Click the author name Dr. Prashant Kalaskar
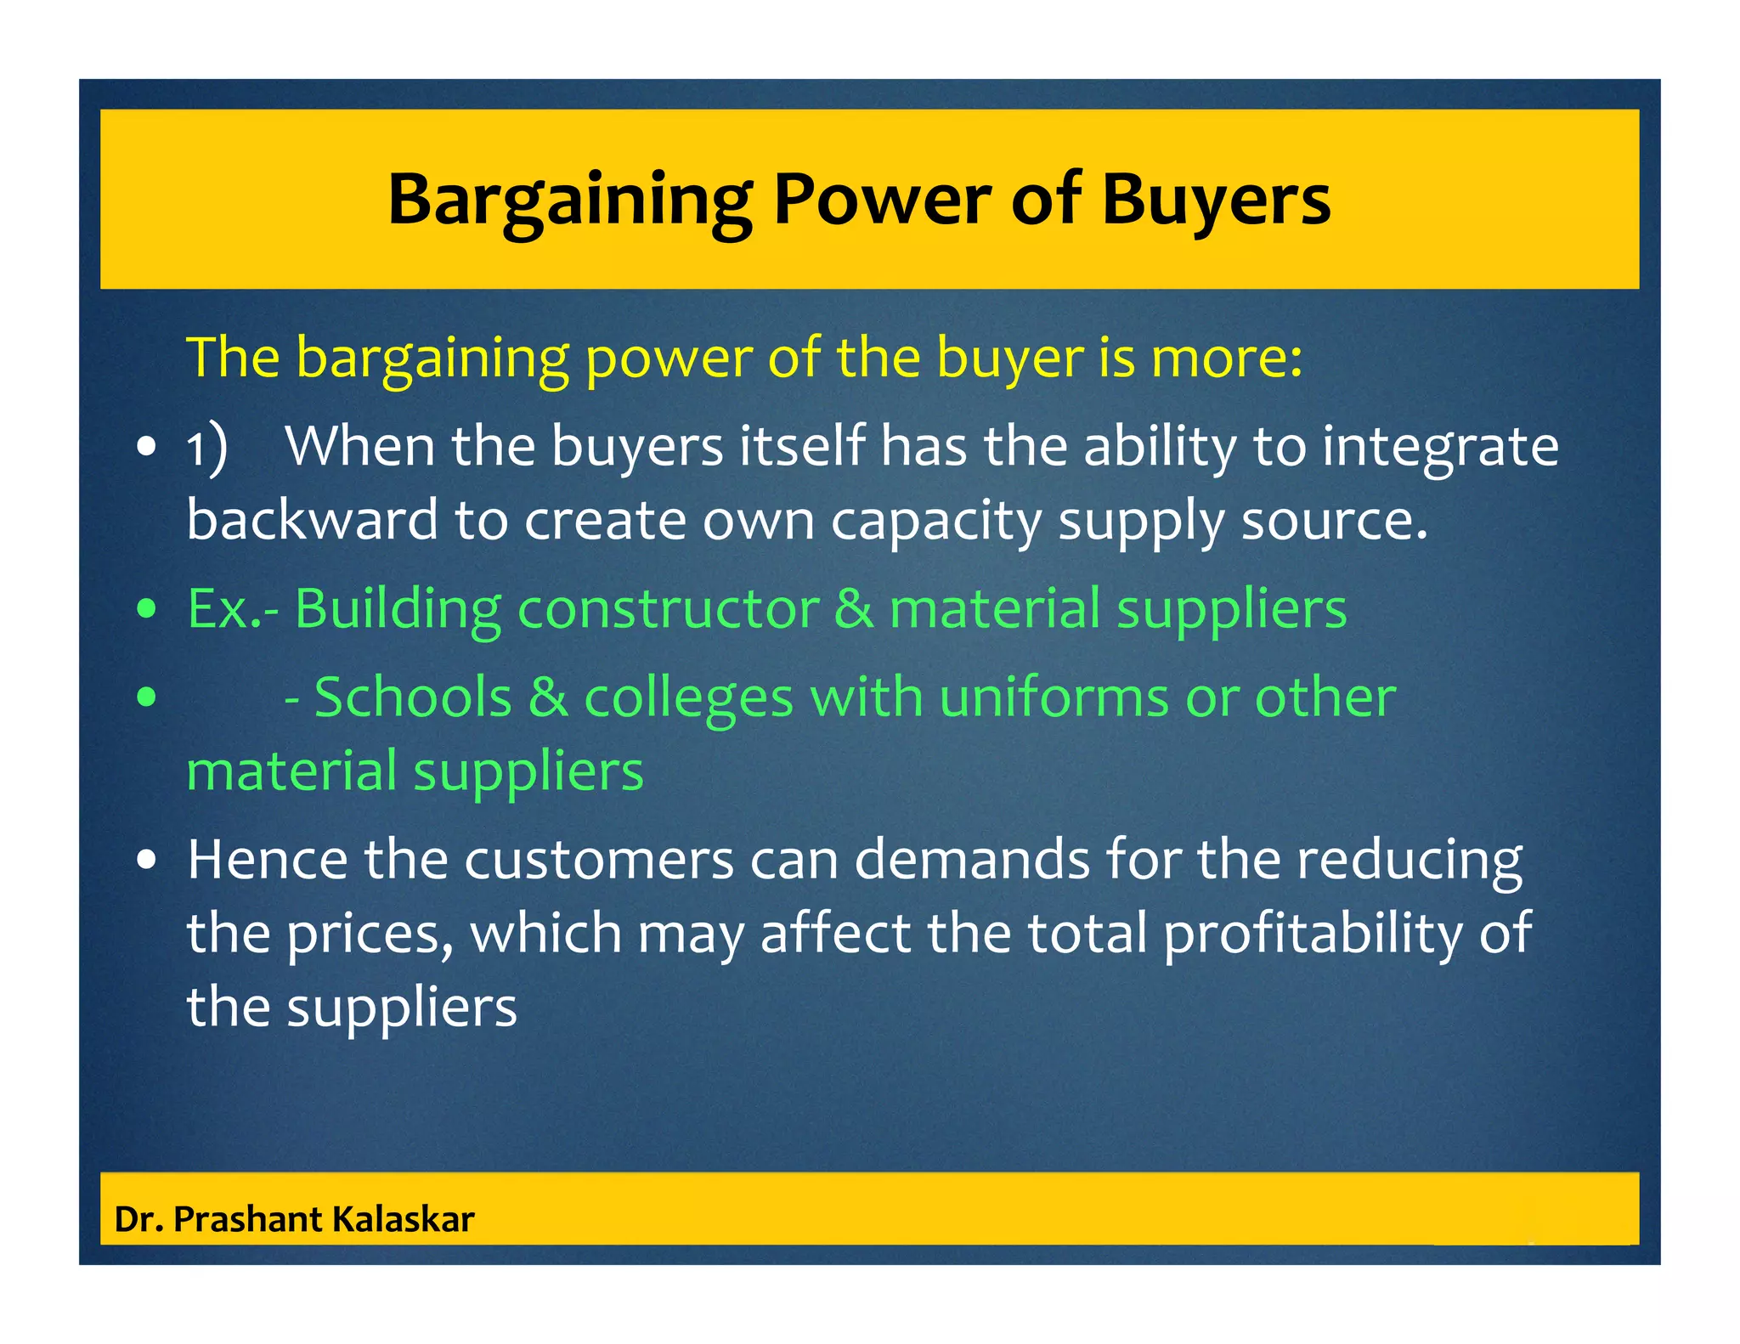tap(294, 1219)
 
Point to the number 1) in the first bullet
tap(206, 447)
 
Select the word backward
tap(312, 520)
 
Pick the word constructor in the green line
tap(668, 608)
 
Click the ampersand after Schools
tap(548, 698)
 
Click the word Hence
tap(267, 860)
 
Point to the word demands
tap(971, 860)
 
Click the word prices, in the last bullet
tap(370, 933)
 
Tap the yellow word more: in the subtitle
tap(1226, 357)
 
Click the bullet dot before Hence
tap(147, 860)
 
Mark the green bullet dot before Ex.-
tap(147, 609)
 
